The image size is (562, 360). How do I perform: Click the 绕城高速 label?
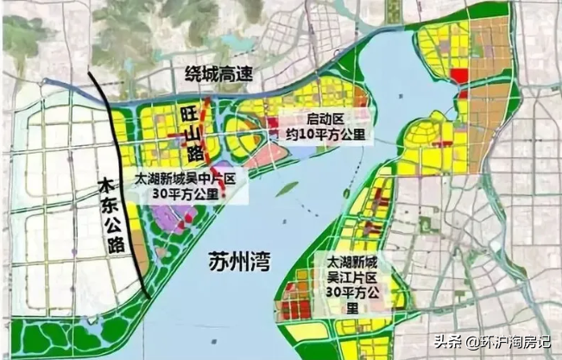(218, 74)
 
